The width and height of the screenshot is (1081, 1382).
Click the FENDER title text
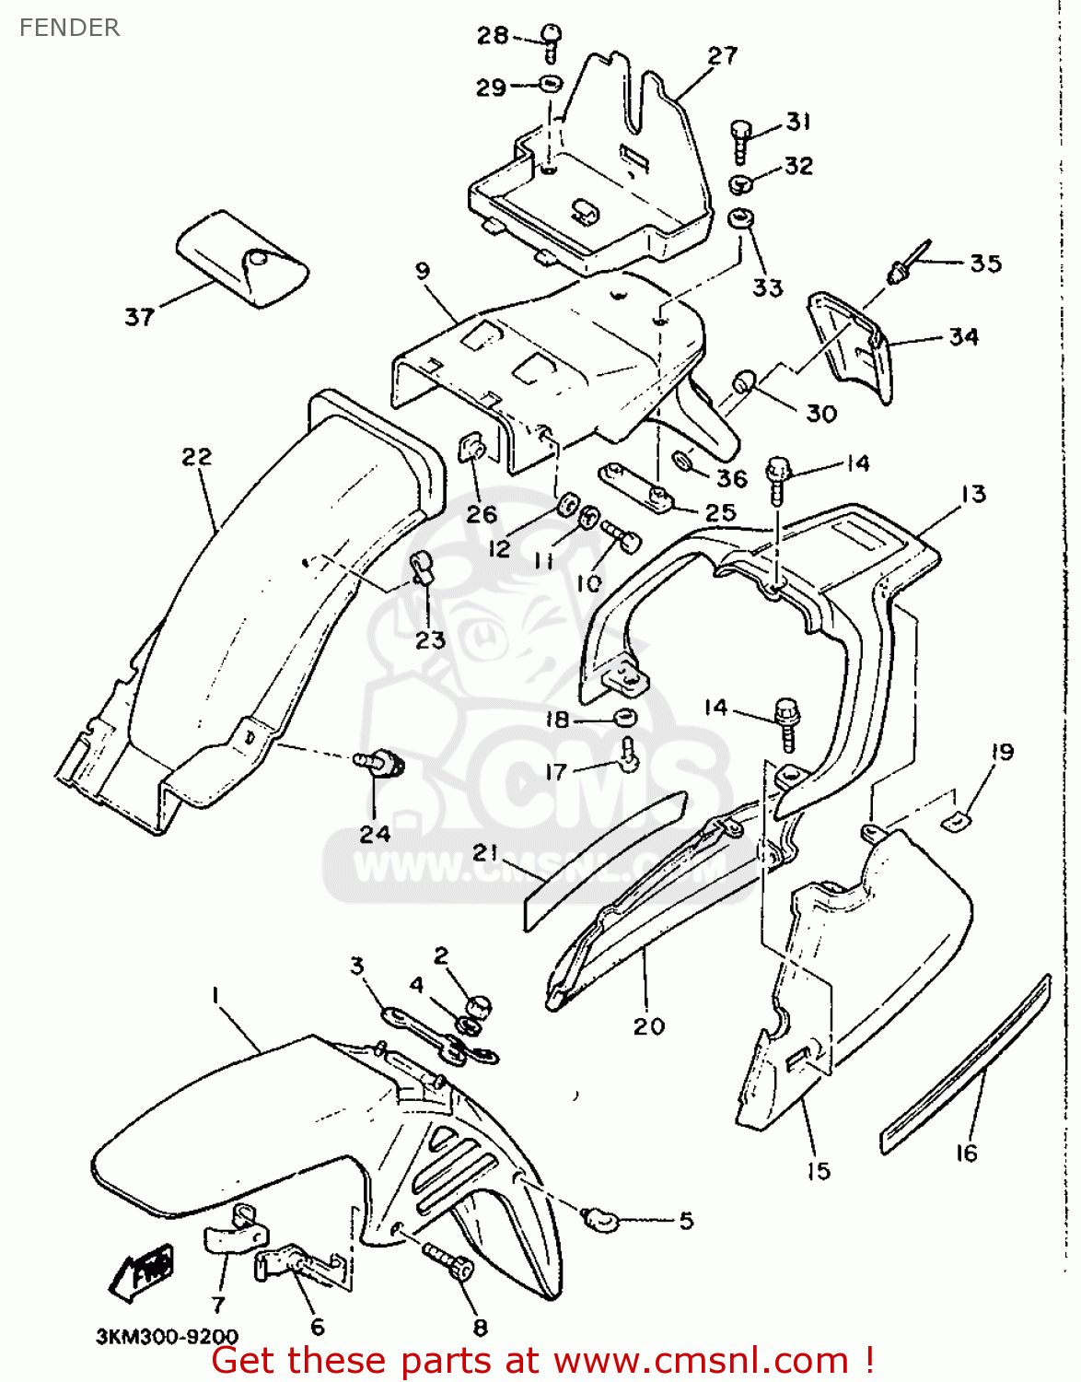[x=69, y=28]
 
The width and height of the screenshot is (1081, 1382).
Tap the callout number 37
[x=140, y=317]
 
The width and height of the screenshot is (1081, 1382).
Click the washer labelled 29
[x=550, y=85]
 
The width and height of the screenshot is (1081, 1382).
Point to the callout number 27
[x=723, y=55]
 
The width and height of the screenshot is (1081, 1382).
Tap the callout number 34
[x=963, y=337]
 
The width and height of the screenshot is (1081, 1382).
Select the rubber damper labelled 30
[x=744, y=381]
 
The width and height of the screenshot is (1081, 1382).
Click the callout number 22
[x=196, y=457]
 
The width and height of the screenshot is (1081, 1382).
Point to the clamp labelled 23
[x=422, y=568]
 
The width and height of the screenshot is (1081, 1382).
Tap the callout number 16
[x=966, y=1153]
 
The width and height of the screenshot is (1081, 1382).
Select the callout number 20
[x=648, y=1025]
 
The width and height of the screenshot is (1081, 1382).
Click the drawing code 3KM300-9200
[x=167, y=1336]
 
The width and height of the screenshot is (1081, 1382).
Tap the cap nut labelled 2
[x=478, y=1006]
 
